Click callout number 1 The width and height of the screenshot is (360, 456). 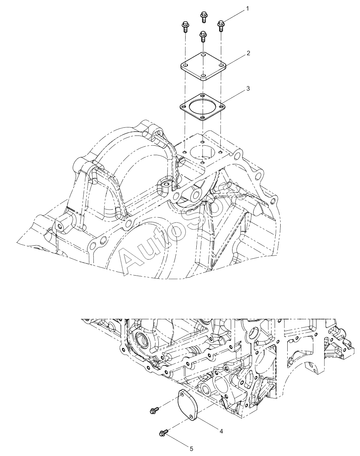[x=247, y=9]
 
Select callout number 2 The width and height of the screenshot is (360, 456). [x=248, y=53]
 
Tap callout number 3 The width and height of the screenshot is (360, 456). [x=248, y=88]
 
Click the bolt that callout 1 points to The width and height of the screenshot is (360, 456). [x=221, y=26]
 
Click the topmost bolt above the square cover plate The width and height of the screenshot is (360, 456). [x=204, y=17]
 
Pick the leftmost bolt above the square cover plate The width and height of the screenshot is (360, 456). [x=185, y=26]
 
